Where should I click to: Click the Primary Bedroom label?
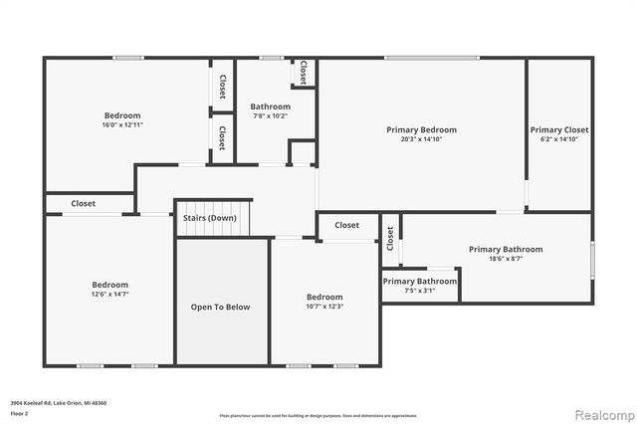pos(421,129)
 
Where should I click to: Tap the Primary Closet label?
pos(558,129)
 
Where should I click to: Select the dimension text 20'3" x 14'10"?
pos(421,139)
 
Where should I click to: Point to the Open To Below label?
pos(220,307)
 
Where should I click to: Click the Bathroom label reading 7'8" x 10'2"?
pos(270,106)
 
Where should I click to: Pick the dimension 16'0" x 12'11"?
pos(123,124)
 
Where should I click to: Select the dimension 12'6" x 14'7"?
pos(109,294)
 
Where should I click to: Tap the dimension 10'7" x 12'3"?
pos(324,307)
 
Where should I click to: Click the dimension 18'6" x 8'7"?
pos(506,259)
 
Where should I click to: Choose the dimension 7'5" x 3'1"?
pos(420,291)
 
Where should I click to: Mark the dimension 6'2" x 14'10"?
pos(558,139)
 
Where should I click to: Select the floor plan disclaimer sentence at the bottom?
pos(318,414)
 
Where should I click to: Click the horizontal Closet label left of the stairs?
pos(83,203)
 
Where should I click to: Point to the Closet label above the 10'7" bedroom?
pos(346,225)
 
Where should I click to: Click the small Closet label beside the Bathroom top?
pos(303,72)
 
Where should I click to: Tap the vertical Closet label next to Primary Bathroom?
pos(390,239)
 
